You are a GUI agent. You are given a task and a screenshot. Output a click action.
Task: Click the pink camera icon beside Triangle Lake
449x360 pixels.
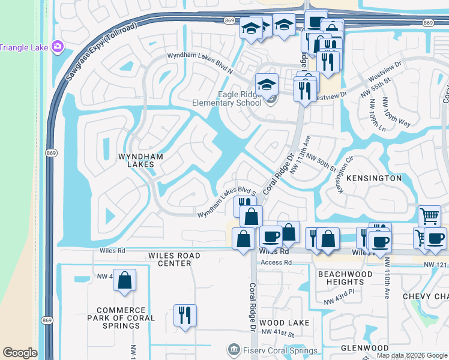pyautogui.click(x=58, y=46)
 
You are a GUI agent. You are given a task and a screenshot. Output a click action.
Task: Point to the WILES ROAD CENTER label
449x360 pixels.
pyautogui.click(x=174, y=259)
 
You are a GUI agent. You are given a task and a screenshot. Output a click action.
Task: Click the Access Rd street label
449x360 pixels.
pyautogui.click(x=276, y=262)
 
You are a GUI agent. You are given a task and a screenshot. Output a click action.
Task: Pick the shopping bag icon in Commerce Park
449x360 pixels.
pyautogui.click(x=124, y=280)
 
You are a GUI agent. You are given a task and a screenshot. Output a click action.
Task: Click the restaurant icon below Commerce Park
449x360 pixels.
pyautogui.click(x=185, y=314)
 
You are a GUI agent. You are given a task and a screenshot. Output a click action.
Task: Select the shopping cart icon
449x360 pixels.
pyautogui.click(x=429, y=215)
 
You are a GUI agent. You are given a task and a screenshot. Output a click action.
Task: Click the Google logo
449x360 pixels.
pyautogui.click(x=20, y=353)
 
